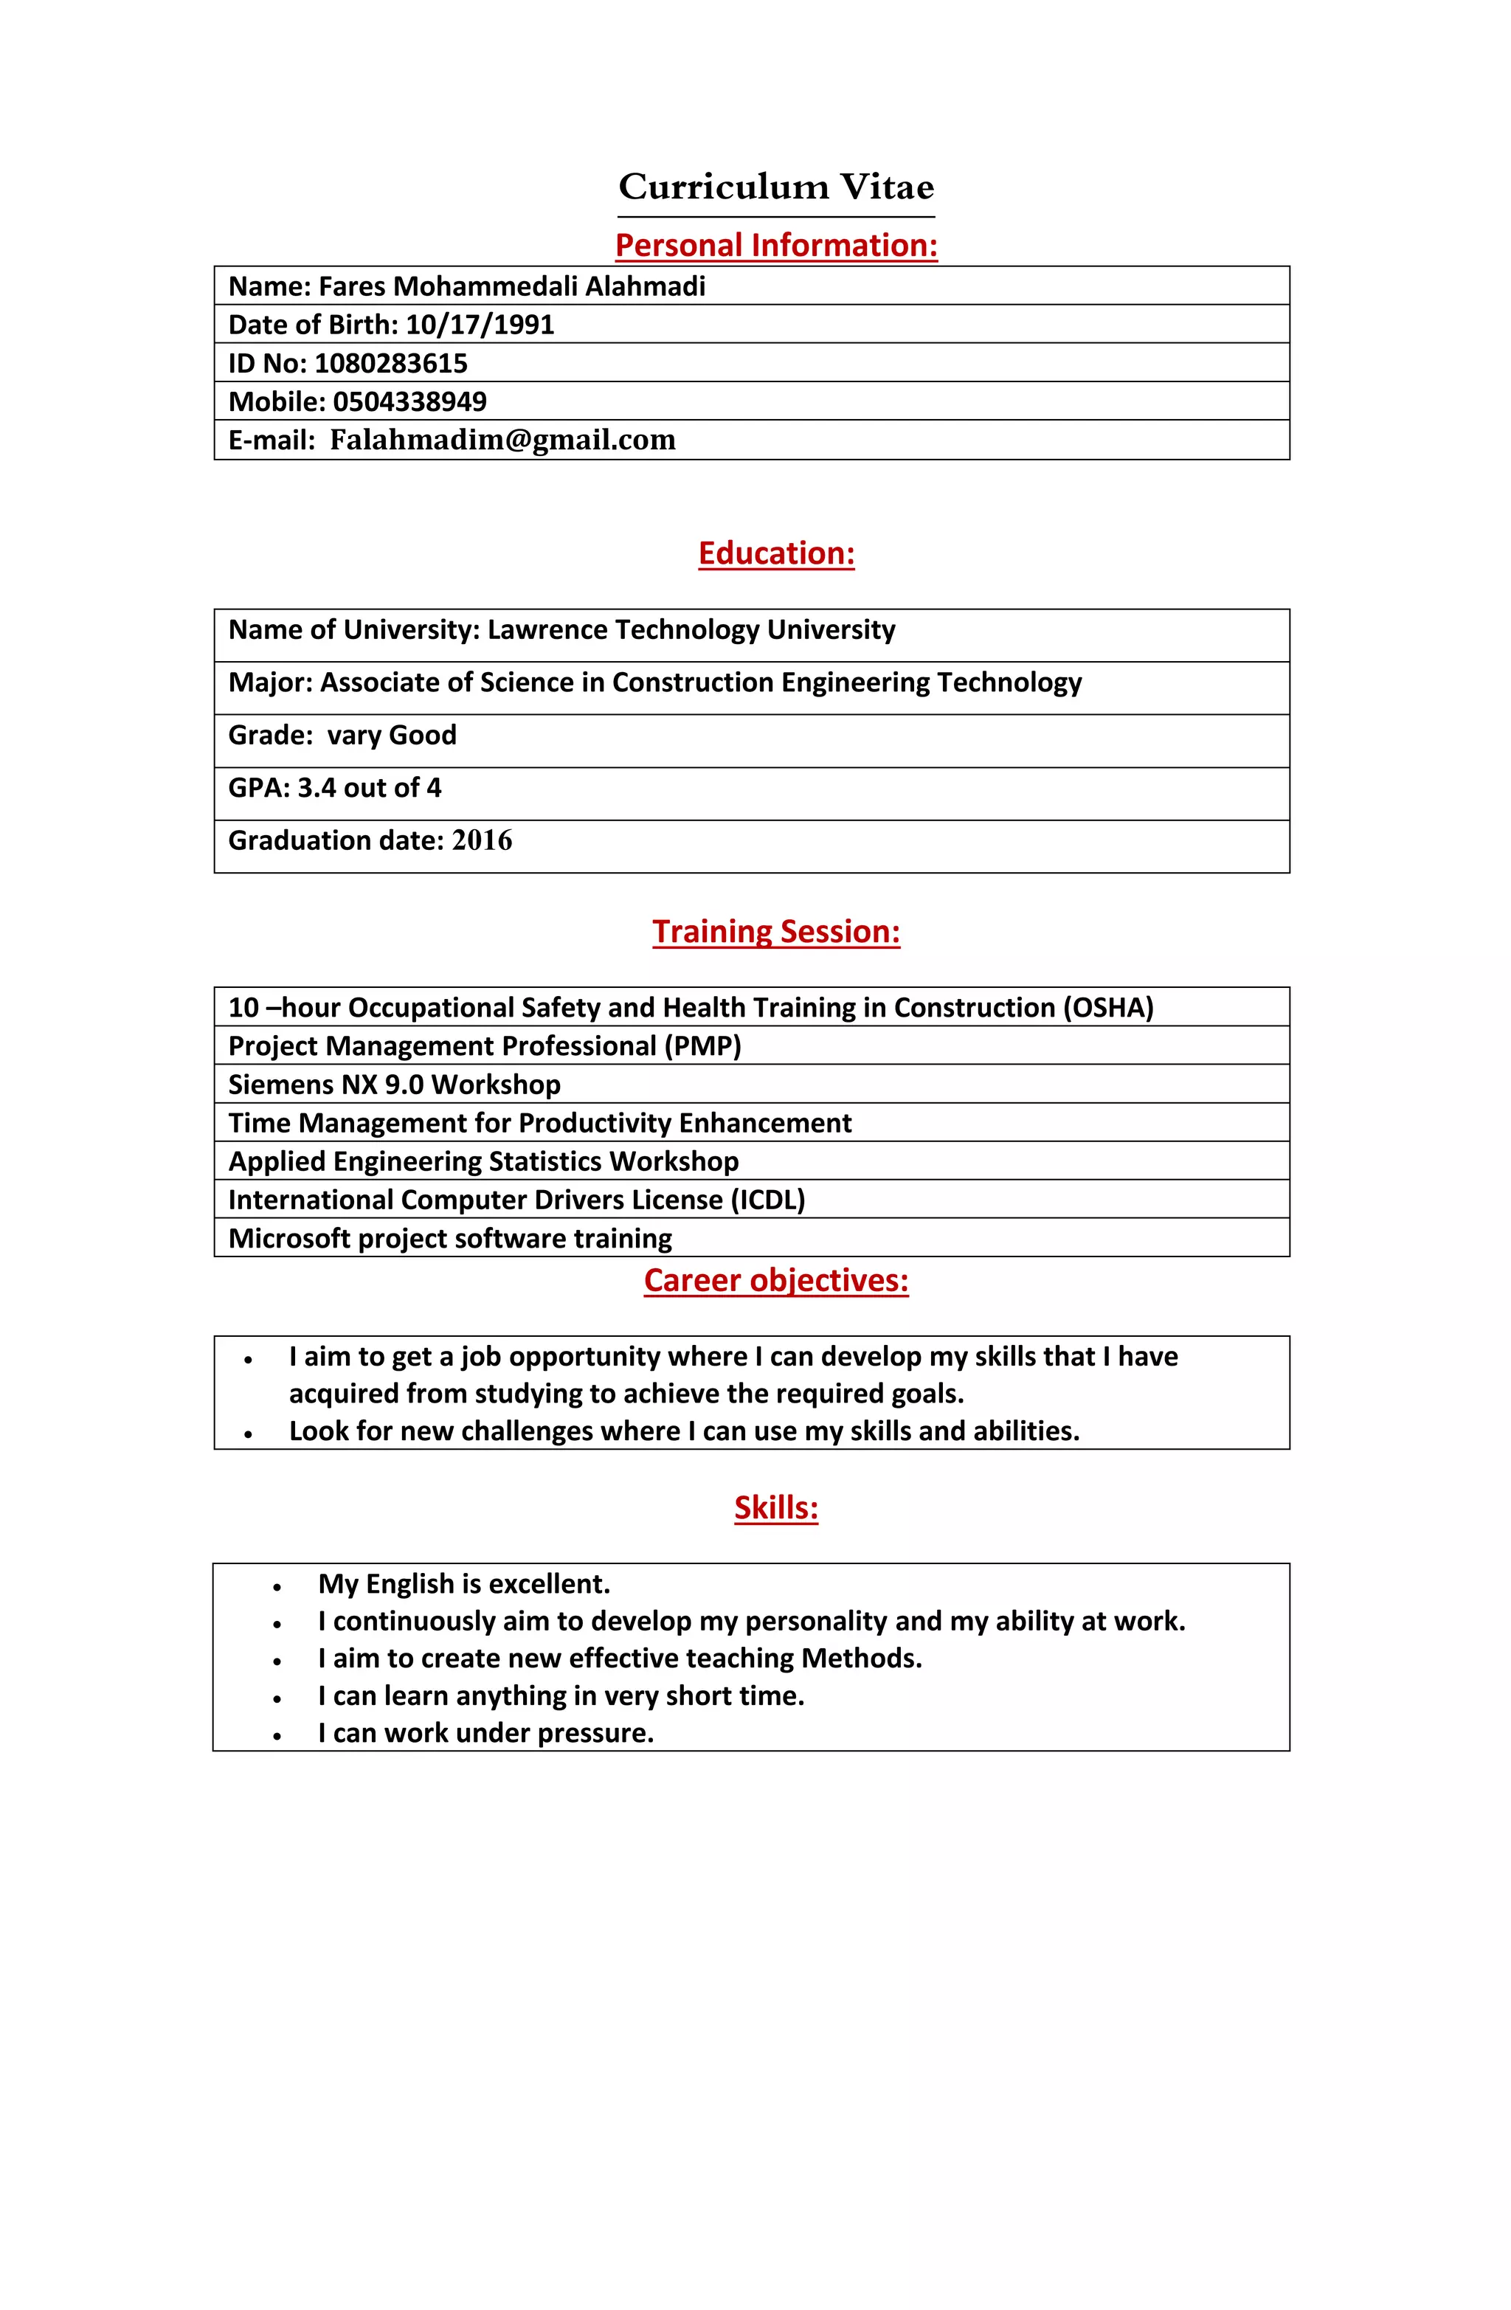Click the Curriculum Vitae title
(x=775, y=187)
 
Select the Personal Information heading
(x=775, y=245)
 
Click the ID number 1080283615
(x=390, y=363)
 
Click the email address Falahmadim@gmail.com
(x=502, y=440)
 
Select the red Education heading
(x=775, y=553)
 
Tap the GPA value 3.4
(x=317, y=787)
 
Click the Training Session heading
(x=775, y=931)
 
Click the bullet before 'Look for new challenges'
(x=249, y=1433)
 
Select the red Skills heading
(x=775, y=1507)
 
